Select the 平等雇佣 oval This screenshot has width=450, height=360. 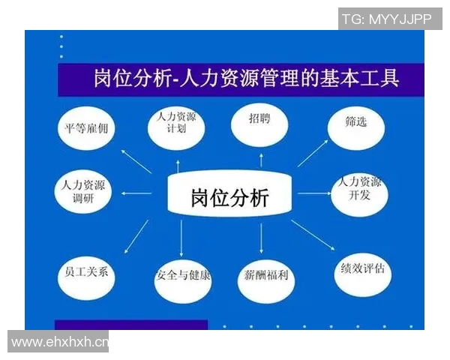click(x=86, y=128)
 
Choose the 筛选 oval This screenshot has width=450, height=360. click(x=356, y=124)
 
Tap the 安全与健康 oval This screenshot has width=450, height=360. click(x=183, y=275)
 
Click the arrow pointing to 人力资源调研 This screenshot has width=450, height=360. click(x=136, y=193)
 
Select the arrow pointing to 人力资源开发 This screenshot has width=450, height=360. click(x=313, y=193)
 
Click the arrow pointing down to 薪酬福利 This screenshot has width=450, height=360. click(x=261, y=239)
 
